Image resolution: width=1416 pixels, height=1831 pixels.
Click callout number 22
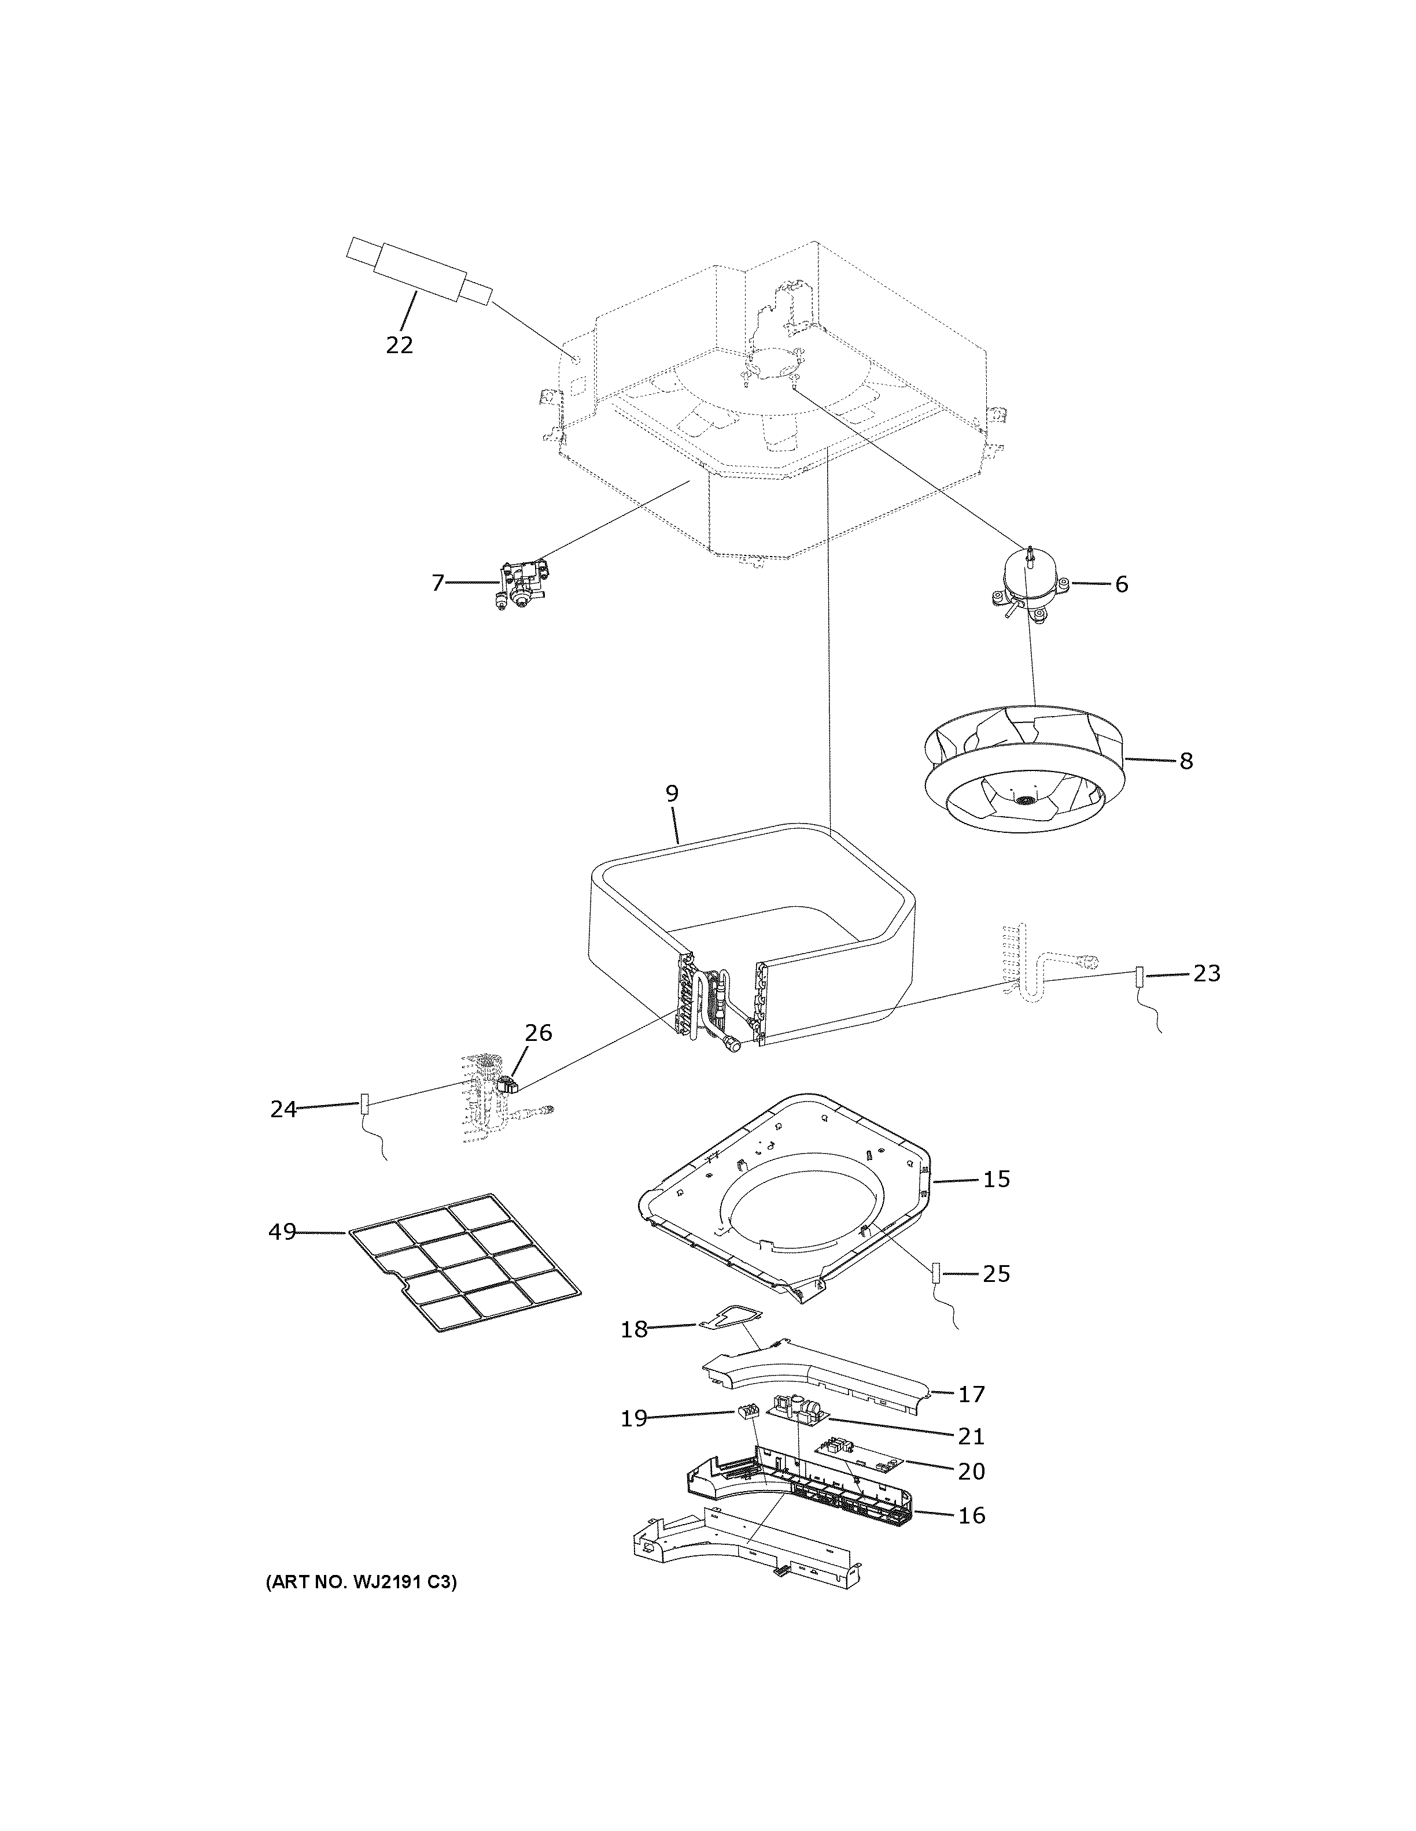[x=399, y=344]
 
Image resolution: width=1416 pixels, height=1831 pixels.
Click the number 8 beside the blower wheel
[x=1185, y=761]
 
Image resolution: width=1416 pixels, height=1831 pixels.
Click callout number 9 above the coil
[x=672, y=793]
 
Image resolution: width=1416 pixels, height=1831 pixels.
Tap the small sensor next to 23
[x=1139, y=977]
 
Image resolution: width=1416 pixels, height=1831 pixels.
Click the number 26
[x=538, y=1033]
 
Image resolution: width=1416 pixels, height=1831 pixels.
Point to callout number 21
[x=971, y=1436]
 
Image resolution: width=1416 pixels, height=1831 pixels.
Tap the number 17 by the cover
[x=971, y=1394]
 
